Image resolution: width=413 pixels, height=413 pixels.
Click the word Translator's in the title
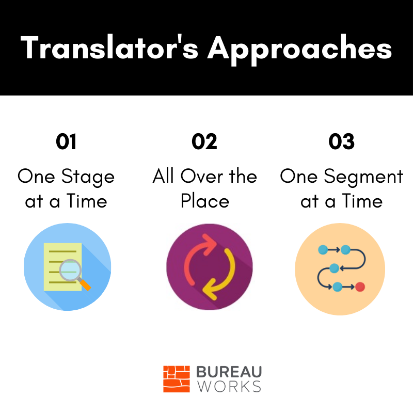pos(109,47)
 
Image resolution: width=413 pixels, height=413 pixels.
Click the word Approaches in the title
pos(300,50)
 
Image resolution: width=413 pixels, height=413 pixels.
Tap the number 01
pos(66,141)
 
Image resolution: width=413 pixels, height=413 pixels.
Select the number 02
pos(204,141)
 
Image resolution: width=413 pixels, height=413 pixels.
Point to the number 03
pos(341,141)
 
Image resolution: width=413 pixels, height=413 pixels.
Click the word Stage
pos(88,177)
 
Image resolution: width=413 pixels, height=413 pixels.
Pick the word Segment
pos(363,177)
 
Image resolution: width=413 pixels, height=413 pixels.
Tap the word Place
pos(205,201)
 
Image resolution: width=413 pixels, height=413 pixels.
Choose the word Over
pos(202,176)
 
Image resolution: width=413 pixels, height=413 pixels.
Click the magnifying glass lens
pos(70,270)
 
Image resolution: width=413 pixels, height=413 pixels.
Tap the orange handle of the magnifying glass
pos(85,285)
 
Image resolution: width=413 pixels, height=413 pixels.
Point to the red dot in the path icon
pos(360,287)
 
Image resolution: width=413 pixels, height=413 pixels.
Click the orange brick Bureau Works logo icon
pos(177,379)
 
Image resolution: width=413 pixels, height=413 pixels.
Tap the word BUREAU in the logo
pos(229,372)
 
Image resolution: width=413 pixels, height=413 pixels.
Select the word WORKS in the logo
pos(229,386)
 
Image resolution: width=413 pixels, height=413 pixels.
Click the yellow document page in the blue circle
pos(62,267)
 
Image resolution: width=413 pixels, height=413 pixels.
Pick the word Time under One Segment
pos(362,201)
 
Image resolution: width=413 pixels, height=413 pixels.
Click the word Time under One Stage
pos(87,201)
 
